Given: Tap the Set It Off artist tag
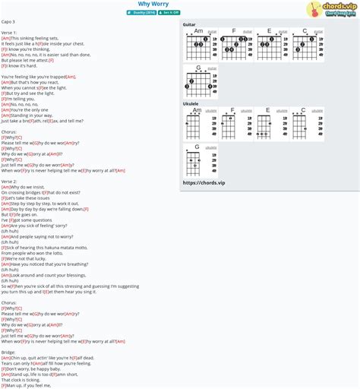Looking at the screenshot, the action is point(169,12).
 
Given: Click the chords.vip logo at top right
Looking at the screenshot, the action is point(332,9).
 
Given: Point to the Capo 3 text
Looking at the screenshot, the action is point(9,22).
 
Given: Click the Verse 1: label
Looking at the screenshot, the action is point(9,33).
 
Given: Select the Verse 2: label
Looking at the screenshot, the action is point(9,182).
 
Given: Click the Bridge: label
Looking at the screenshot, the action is point(8,352).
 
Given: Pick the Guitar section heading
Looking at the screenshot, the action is point(189,24).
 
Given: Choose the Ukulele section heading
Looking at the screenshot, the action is point(191,103).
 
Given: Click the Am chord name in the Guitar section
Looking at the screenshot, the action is point(198,31).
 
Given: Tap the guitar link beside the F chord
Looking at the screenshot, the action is point(248,32).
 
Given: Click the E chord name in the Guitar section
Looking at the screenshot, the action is point(269,31).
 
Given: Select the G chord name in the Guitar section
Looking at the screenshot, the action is point(198,68).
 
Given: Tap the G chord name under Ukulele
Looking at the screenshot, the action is point(197,147).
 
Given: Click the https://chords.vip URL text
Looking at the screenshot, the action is point(204,182).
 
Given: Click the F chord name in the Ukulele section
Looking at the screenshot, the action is point(232,110).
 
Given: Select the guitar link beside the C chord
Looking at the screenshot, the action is point(318,32).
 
